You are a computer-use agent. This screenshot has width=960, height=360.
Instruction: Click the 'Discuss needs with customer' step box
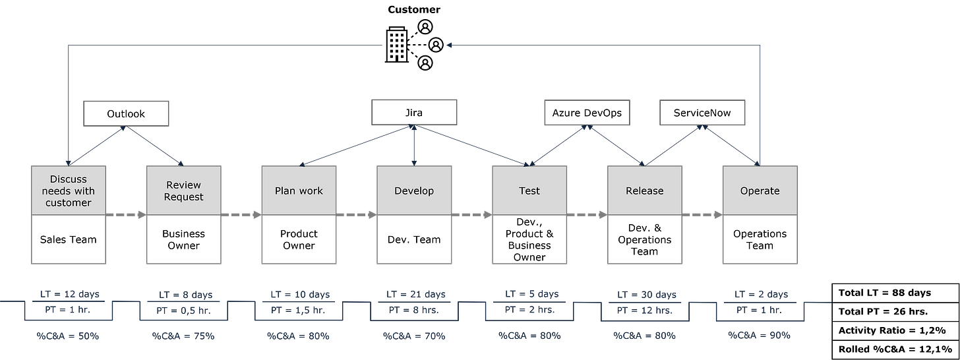pyautogui.click(x=69, y=191)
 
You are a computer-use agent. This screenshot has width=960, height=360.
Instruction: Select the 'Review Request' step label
pyautogui.click(x=184, y=191)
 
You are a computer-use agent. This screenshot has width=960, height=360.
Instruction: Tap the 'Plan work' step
pyautogui.click(x=299, y=191)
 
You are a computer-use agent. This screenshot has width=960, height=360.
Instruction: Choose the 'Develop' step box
pyautogui.click(x=414, y=191)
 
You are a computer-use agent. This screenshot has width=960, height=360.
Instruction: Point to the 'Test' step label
pyautogui.click(x=529, y=191)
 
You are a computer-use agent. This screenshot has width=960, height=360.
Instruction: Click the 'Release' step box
pyautogui.click(x=644, y=191)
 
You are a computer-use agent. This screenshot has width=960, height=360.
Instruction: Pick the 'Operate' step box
pyautogui.click(x=760, y=191)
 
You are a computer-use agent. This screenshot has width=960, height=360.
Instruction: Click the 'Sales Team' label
pyautogui.click(x=69, y=239)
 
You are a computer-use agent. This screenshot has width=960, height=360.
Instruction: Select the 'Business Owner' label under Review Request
pyautogui.click(x=184, y=239)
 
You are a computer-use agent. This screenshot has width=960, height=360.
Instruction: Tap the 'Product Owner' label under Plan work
pyautogui.click(x=299, y=239)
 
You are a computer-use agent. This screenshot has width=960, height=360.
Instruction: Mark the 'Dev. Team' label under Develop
pyautogui.click(x=414, y=239)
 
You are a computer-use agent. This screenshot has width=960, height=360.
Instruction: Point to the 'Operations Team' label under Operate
pyautogui.click(x=760, y=239)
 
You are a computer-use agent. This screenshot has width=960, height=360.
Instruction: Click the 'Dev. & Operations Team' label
pyautogui.click(x=644, y=239)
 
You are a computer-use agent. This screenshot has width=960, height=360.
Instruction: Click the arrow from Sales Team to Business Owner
pyautogui.click(x=126, y=214)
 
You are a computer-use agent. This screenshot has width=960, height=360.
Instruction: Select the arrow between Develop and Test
pyautogui.click(x=472, y=214)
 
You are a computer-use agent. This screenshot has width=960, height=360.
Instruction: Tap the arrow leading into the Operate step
pyautogui.click(x=702, y=214)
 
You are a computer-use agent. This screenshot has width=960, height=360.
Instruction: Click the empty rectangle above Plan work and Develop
pyautogui.click(x=413, y=111)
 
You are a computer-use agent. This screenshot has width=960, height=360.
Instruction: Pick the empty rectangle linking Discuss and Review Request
pyautogui.click(x=125, y=113)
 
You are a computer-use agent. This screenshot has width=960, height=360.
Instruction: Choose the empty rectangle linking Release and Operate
pyautogui.click(x=702, y=112)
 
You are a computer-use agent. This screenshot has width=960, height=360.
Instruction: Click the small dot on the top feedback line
pyautogui.click(x=450, y=45)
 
